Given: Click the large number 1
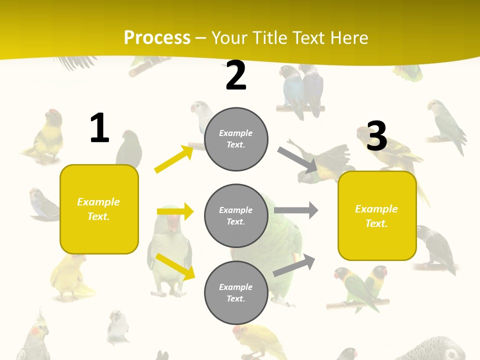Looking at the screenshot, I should pyautogui.click(x=99, y=128).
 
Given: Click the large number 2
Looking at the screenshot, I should pyautogui.click(x=236, y=75).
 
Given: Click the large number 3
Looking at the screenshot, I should pyautogui.click(x=376, y=136).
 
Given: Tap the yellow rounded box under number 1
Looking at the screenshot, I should pyautogui.click(x=99, y=209).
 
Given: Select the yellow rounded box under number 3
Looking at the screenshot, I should pyautogui.click(x=377, y=215).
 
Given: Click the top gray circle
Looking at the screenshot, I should pyautogui.click(x=236, y=139).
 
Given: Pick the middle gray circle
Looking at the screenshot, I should pyautogui.click(x=236, y=215).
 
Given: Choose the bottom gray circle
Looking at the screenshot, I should pyautogui.click(x=236, y=292).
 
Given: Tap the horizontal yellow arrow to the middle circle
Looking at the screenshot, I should pyautogui.click(x=175, y=211).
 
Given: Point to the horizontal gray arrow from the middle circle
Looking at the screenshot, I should pyautogui.click(x=296, y=210).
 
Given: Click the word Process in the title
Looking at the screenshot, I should pyautogui.click(x=157, y=37).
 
